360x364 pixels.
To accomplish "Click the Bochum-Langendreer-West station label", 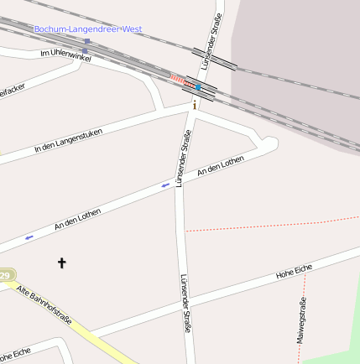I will pyautogui.click(x=88, y=29).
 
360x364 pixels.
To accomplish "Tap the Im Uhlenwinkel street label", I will pyautogui.click(x=65, y=54).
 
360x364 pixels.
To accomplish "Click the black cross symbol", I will pyautogui.click(x=61, y=263).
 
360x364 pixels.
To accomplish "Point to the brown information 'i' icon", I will pyautogui.click(x=196, y=105).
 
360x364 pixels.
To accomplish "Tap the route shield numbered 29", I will pyautogui.click(x=5, y=275).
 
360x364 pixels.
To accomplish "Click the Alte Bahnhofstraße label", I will pyautogui.click(x=44, y=305).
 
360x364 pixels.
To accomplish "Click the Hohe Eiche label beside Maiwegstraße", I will pyautogui.click(x=294, y=271).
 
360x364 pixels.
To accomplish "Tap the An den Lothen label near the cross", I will pyautogui.click(x=77, y=220).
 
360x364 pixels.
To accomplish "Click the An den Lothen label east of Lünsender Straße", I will pyautogui.click(x=219, y=167).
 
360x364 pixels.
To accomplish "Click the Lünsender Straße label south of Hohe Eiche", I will pyautogui.click(x=185, y=304).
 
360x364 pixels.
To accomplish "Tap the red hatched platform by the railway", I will pyautogui.click(x=176, y=78).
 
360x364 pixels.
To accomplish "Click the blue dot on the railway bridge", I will pyautogui.click(x=198, y=86).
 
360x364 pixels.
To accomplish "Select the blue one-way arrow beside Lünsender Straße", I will pyautogui.click(x=165, y=185).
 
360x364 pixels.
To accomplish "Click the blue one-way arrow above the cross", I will pyautogui.click(x=29, y=237).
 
